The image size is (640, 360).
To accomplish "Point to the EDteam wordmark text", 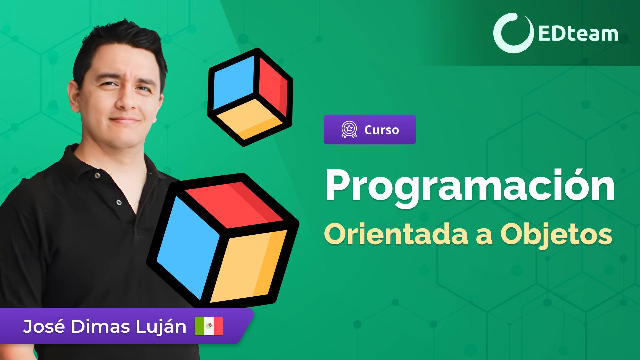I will [x=578, y=34].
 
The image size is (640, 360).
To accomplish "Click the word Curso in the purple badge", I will [x=381, y=130].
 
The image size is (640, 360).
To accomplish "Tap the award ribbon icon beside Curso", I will [x=349, y=130].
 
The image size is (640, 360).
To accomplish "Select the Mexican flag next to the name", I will [x=209, y=326].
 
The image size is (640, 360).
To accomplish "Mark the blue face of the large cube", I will [x=187, y=247].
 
